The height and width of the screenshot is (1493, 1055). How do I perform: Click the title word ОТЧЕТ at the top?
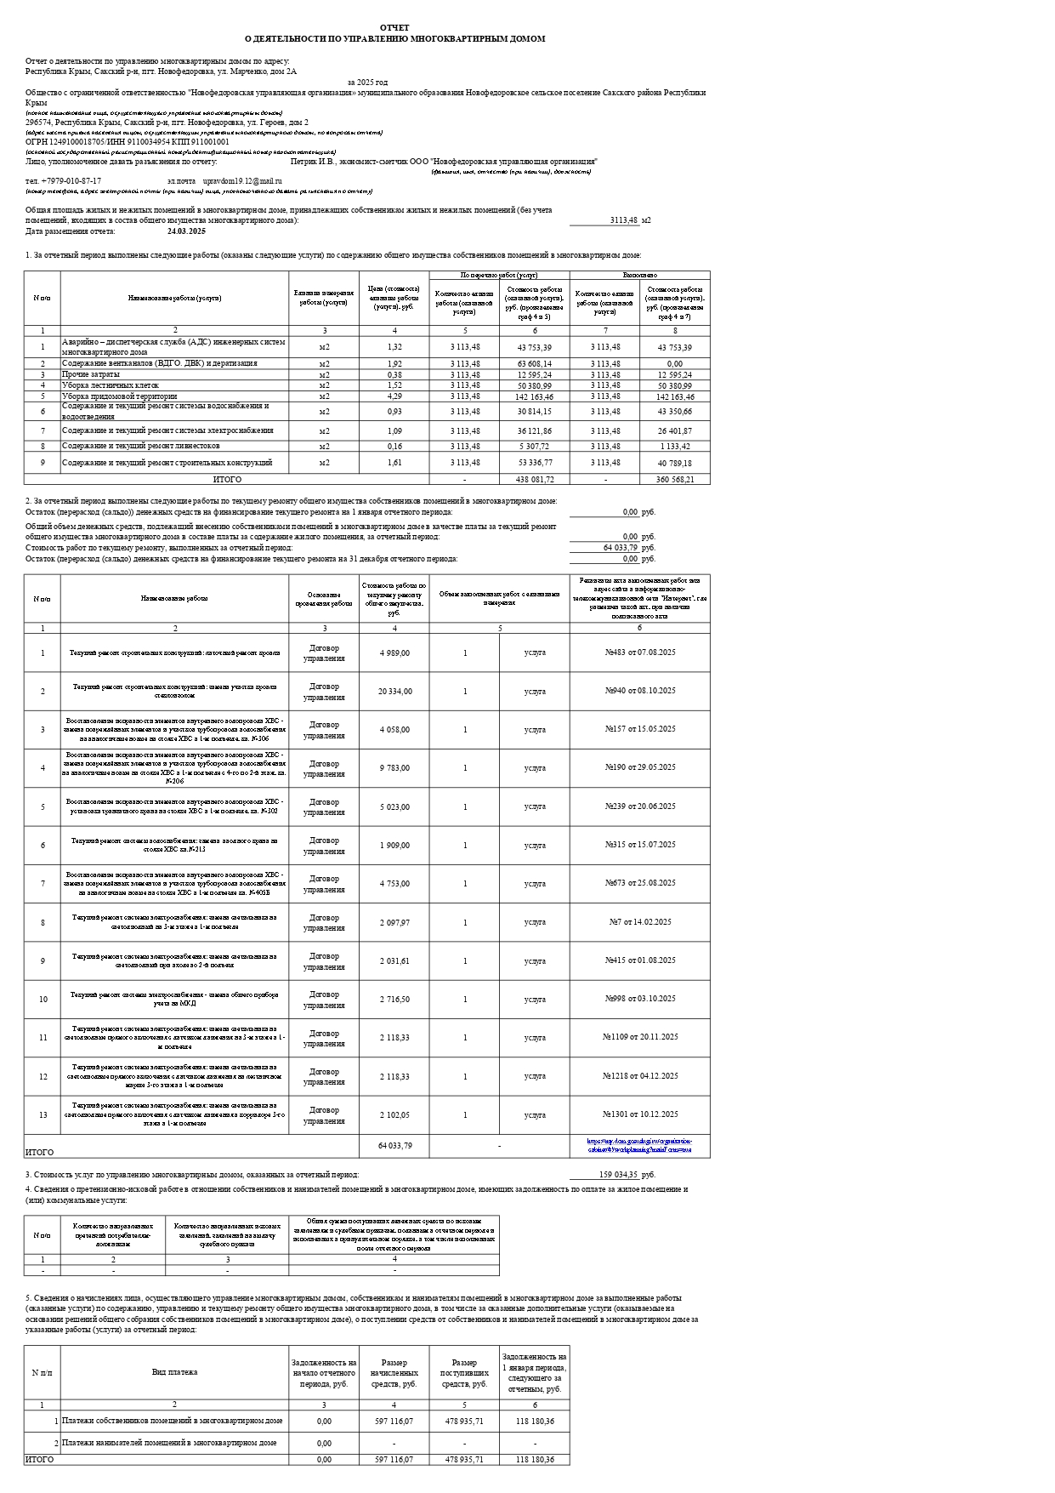coord(394,28)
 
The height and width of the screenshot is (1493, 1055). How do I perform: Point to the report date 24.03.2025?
coord(187,231)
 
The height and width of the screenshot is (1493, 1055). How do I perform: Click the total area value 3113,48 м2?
coord(624,220)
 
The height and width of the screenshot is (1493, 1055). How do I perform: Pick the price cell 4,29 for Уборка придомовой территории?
coord(394,396)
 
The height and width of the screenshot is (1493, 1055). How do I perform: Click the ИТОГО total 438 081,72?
coord(535,480)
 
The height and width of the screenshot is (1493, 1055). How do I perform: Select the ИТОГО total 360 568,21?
coord(675,480)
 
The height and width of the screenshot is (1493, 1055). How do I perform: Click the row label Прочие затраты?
coord(91,374)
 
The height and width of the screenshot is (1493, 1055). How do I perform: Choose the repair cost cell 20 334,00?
coord(394,692)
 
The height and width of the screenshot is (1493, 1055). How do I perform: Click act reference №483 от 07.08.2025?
coord(640,652)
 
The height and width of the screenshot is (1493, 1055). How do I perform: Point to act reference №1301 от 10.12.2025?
coord(640,1114)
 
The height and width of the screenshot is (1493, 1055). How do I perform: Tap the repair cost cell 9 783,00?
coord(394,768)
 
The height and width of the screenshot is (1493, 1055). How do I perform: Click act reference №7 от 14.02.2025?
coord(640,922)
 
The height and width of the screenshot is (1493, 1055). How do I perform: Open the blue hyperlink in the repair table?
coord(639,1145)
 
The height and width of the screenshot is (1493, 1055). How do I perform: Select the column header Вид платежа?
coord(174,1371)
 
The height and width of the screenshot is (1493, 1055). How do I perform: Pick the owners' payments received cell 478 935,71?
coord(464,1421)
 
